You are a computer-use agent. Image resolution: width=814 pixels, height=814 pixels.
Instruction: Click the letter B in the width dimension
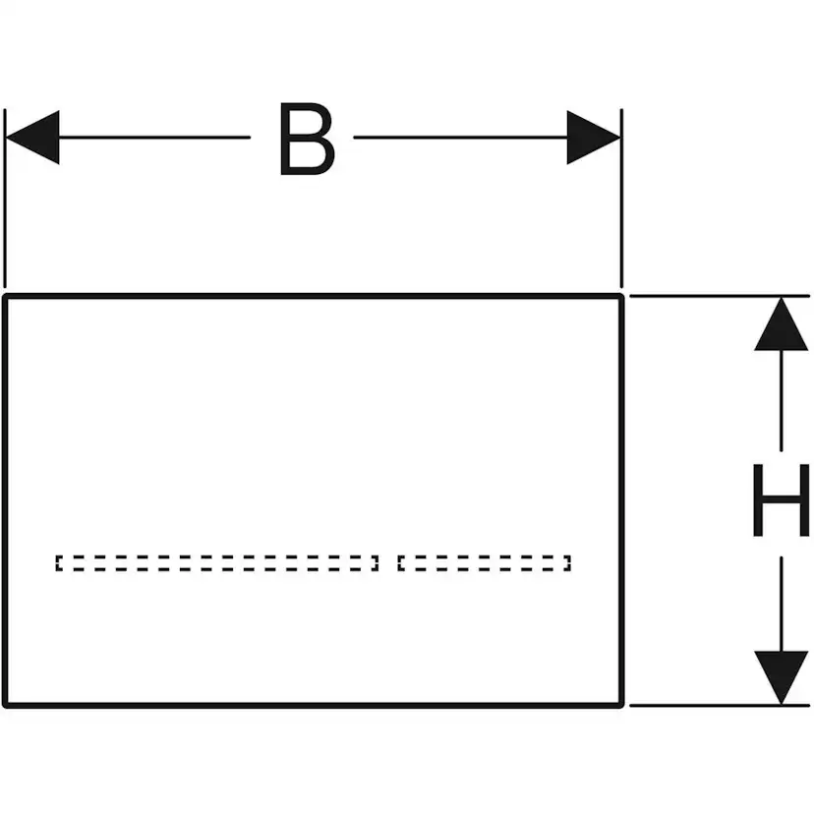click(306, 139)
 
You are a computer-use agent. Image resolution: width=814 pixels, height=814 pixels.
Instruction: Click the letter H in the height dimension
click(781, 501)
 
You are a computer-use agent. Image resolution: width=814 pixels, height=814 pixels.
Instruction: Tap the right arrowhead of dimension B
click(594, 138)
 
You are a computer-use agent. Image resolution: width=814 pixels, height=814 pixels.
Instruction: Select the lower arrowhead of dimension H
click(781, 676)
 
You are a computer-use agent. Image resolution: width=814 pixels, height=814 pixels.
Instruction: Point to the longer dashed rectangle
click(216, 563)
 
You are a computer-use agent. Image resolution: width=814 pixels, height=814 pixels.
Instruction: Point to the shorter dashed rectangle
click(484, 563)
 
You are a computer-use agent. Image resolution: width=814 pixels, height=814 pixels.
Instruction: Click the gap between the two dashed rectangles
click(387, 563)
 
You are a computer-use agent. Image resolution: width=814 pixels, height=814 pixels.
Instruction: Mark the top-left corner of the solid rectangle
click(6, 296)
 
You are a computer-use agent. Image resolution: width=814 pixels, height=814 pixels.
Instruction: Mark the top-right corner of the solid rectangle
click(621, 296)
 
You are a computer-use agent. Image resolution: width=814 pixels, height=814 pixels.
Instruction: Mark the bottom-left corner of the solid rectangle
click(6, 704)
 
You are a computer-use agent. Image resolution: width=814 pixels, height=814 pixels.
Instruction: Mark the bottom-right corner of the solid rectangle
click(621, 704)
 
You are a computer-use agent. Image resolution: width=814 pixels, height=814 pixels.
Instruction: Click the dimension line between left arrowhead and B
click(157, 138)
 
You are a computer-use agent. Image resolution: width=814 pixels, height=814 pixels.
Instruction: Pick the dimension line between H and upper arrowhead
click(781, 403)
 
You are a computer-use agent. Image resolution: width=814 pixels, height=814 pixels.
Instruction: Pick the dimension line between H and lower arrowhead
click(781, 600)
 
